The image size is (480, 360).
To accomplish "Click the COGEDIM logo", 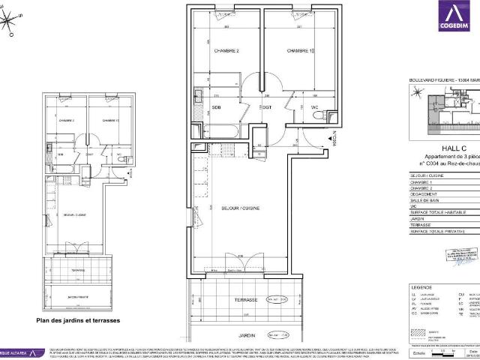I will (x=457, y=19).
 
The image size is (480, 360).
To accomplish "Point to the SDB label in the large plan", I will (x=217, y=106).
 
